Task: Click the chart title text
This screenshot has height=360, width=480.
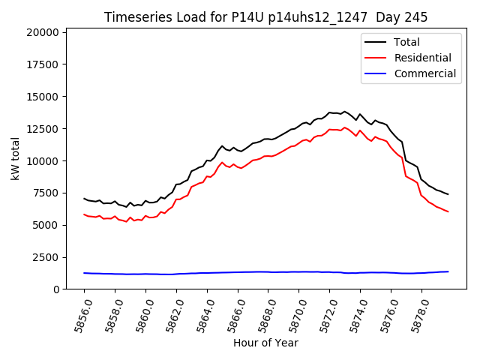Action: point(265,17)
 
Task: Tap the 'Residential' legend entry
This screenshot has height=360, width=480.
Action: point(422,58)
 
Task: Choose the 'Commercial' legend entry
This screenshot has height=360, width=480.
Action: point(424,73)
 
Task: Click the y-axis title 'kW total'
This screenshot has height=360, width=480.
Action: point(15,158)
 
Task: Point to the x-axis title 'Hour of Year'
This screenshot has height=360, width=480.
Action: point(265,343)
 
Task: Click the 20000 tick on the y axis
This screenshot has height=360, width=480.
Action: point(42,32)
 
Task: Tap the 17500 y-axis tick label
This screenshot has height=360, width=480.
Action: point(42,64)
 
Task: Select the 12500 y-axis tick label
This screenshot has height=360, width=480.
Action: point(42,129)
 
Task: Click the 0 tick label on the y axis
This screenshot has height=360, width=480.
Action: point(56,289)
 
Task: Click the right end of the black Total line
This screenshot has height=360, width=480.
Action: point(448,194)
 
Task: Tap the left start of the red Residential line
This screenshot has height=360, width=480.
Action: point(84,214)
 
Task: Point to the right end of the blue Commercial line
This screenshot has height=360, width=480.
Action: point(448,271)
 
